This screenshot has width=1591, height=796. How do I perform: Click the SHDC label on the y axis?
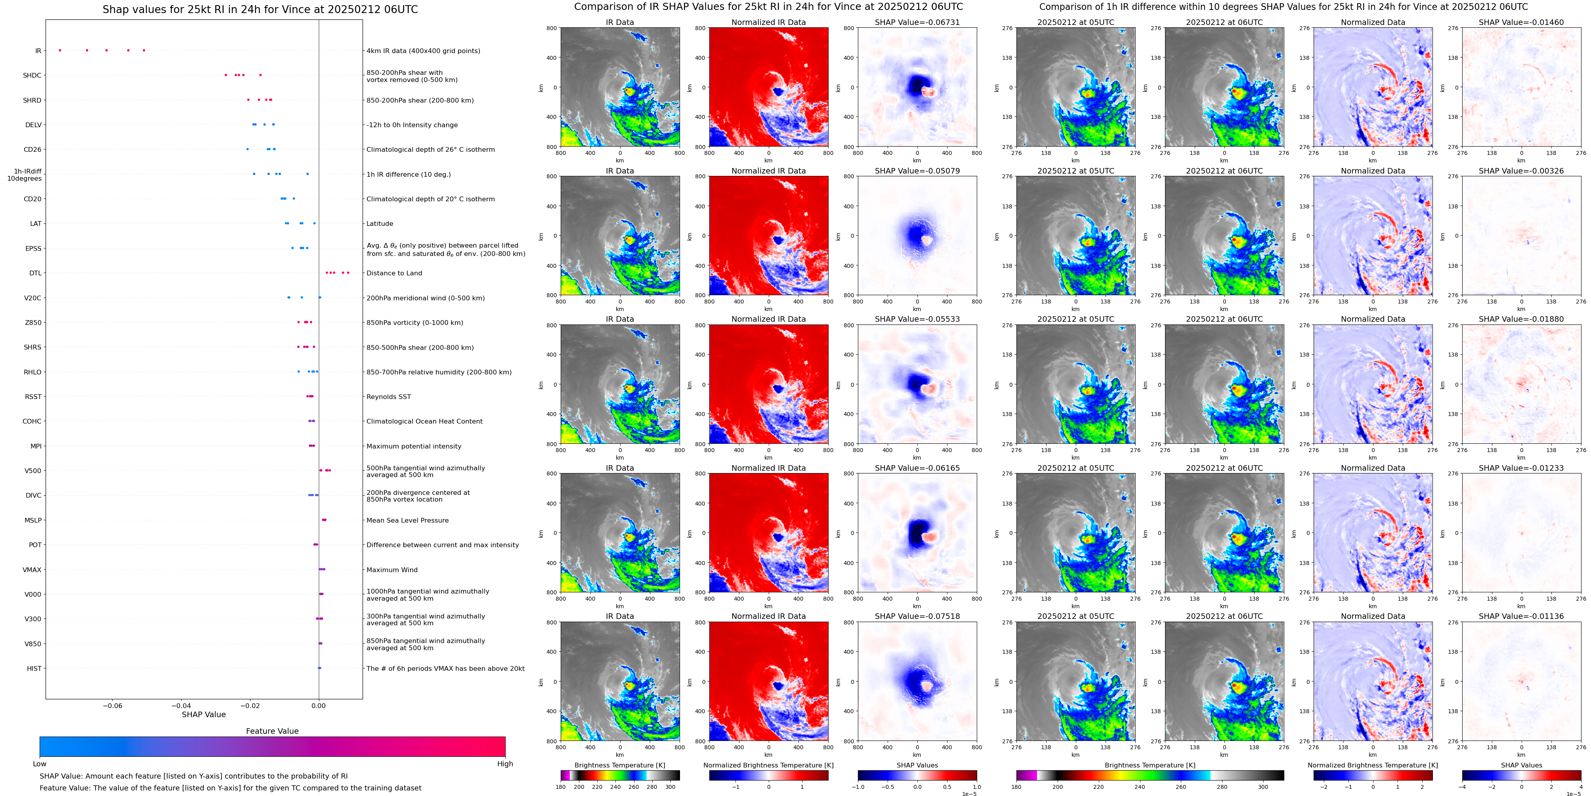tap(32, 75)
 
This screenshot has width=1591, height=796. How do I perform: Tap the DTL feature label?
tap(35, 273)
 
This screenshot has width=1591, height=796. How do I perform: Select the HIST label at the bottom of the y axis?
tap(34, 668)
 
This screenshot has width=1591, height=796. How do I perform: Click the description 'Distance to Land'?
tap(394, 273)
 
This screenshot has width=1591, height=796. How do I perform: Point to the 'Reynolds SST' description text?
tap(388, 397)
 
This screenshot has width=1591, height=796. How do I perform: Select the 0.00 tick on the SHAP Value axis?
tap(319, 705)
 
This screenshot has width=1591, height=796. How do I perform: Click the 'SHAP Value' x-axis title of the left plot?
tap(203, 714)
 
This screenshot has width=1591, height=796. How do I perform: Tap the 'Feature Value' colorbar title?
tap(272, 731)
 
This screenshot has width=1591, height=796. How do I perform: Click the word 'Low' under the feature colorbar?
tap(40, 764)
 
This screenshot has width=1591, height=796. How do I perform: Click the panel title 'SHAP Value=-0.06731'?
tap(917, 22)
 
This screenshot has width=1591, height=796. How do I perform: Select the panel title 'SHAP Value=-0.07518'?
tap(917, 616)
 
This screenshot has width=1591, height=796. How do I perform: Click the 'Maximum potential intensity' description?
tap(414, 446)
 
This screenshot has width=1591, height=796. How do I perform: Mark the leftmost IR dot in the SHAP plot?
tap(60, 50)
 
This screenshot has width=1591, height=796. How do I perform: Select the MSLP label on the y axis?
tap(33, 520)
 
